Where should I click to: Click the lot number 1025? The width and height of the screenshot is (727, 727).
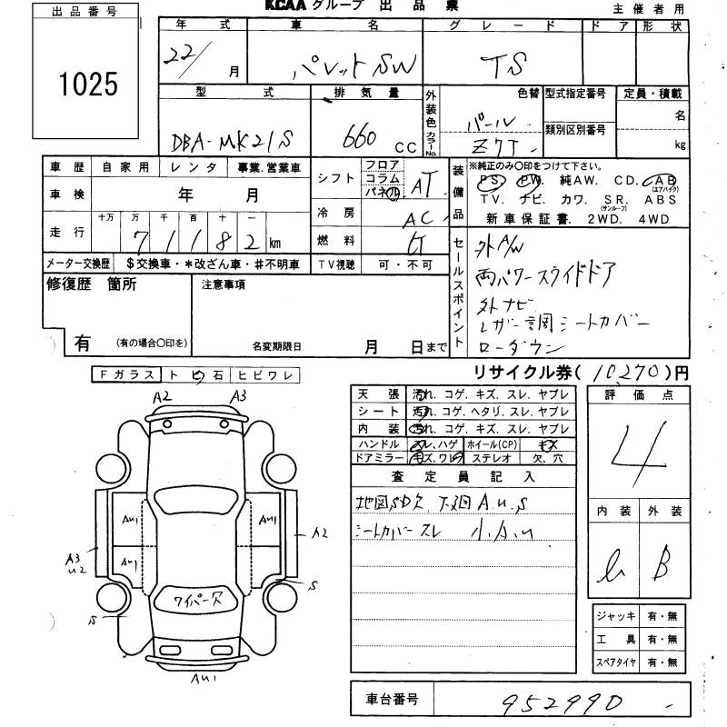pos(88,85)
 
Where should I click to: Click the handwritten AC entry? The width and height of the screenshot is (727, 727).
pos(422,218)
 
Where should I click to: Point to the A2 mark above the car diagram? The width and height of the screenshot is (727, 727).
pos(163,397)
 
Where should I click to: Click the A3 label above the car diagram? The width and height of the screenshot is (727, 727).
pos(239,396)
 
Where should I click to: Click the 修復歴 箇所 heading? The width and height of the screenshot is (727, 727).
pos(91,284)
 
